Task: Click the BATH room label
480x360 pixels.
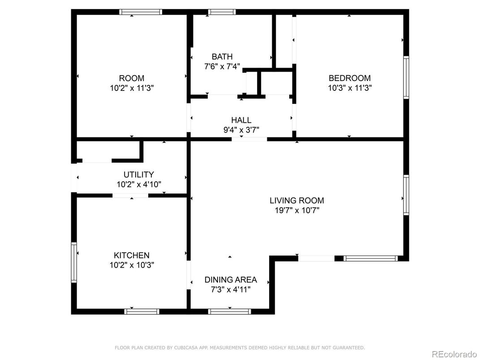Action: point(222,57)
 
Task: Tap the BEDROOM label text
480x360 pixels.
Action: point(349,78)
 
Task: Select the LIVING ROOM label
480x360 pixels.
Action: point(296,201)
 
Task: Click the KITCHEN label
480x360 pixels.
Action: point(131,255)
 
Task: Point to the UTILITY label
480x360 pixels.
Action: point(138,175)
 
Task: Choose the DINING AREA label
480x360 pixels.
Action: point(231,280)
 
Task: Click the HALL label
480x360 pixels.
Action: point(241,120)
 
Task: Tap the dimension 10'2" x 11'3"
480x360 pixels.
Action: point(132,88)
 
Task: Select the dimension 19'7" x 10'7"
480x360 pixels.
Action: point(296,210)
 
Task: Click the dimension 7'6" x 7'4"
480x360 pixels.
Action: point(222,66)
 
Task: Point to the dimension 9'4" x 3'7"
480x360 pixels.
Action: point(241,130)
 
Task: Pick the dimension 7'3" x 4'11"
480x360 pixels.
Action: point(231,289)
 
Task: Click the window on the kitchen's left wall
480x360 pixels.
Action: point(74,262)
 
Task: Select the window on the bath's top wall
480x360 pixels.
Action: point(222,12)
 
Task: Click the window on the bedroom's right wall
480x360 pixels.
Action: point(406,77)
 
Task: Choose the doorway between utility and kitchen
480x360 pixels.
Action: point(130,195)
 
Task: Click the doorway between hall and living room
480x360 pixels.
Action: point(249,139)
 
